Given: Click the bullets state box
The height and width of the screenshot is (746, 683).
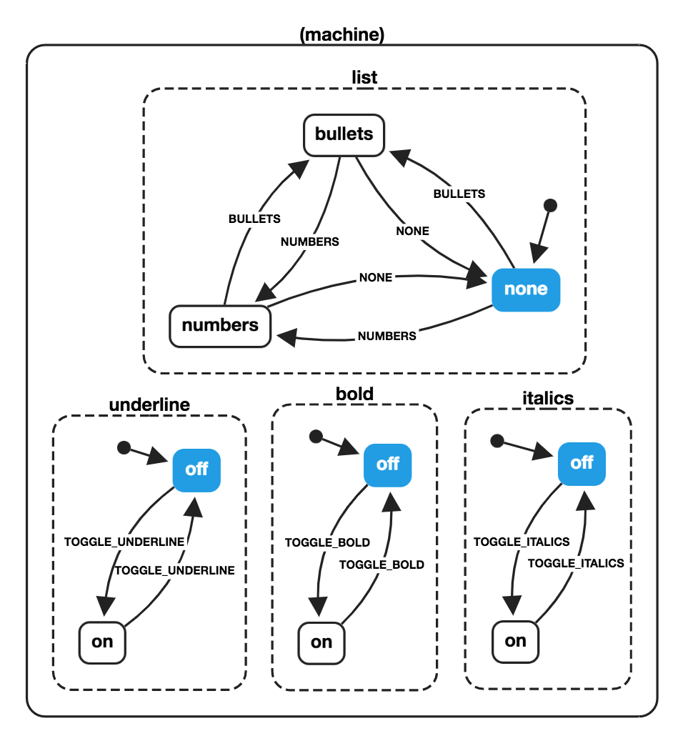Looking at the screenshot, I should click(x=344, y=134).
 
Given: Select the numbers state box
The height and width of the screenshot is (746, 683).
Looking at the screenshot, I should click(x=220, y=326).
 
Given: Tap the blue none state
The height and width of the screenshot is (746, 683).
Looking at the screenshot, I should click(x=526, y=289).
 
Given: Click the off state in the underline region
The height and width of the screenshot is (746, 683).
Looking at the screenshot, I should click(x=196, y=469).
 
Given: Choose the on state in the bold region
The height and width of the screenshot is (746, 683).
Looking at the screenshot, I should click(x=321, y=642).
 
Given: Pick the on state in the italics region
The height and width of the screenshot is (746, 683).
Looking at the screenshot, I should click(x=515, y=641).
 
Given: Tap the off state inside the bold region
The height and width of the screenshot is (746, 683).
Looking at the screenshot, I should click(x=387, y=464).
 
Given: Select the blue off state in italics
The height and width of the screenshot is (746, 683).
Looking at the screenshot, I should click(x=582, y=463).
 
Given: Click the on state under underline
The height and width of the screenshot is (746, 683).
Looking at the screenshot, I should click(x=102, y=642).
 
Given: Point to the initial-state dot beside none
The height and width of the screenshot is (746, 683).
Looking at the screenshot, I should click(x=550, y=206).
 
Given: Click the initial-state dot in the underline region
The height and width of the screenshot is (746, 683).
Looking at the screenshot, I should click(x=124, y=448).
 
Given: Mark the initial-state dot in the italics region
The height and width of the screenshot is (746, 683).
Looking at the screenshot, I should click(x=498, y=440).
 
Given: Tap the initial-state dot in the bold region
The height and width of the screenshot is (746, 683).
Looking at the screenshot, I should click(x=316, y=436).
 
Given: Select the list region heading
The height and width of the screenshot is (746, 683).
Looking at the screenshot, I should click(x=364, y=77).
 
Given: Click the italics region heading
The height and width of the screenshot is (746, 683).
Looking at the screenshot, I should click(x=548, y=398).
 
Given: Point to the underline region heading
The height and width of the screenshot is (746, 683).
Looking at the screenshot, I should click(x=149, y=405).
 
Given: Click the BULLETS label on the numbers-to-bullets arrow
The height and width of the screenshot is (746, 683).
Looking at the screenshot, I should click(x=254, y=219).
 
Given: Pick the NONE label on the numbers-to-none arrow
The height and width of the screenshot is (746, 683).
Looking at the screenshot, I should click(x=376, y=277).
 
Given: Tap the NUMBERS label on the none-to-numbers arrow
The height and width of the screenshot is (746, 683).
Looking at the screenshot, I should click(x=387, y=336).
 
